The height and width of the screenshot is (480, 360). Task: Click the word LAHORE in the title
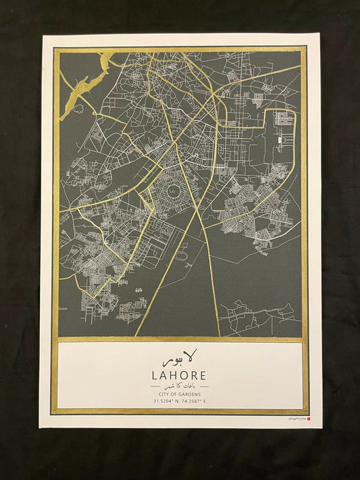[180, 375]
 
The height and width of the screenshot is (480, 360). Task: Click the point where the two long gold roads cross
[197, 214]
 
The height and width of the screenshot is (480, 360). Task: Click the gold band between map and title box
[180, 339]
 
